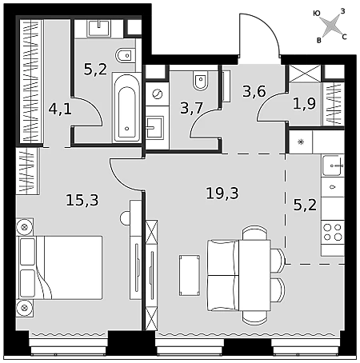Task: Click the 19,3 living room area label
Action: [222, 193]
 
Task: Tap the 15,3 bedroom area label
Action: [82, 200]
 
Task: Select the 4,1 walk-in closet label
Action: [60, 109]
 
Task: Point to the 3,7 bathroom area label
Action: [192, 108]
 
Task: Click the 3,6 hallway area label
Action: [254, 91]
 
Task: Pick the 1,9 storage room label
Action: [304, 103]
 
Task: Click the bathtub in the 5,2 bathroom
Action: [126, 107]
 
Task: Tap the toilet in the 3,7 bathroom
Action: [201, 81]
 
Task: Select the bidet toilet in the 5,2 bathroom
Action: [125, 55]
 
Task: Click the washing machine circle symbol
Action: [157, 94]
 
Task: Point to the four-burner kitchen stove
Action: [333, 232]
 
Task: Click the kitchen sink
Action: [332, 166]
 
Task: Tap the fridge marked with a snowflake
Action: [301, 142]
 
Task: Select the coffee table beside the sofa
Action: [190, 275]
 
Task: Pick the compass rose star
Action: [330, 26]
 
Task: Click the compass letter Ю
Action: [317, 14]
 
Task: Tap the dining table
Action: [254, 275]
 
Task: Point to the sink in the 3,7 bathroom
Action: [154, 127]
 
